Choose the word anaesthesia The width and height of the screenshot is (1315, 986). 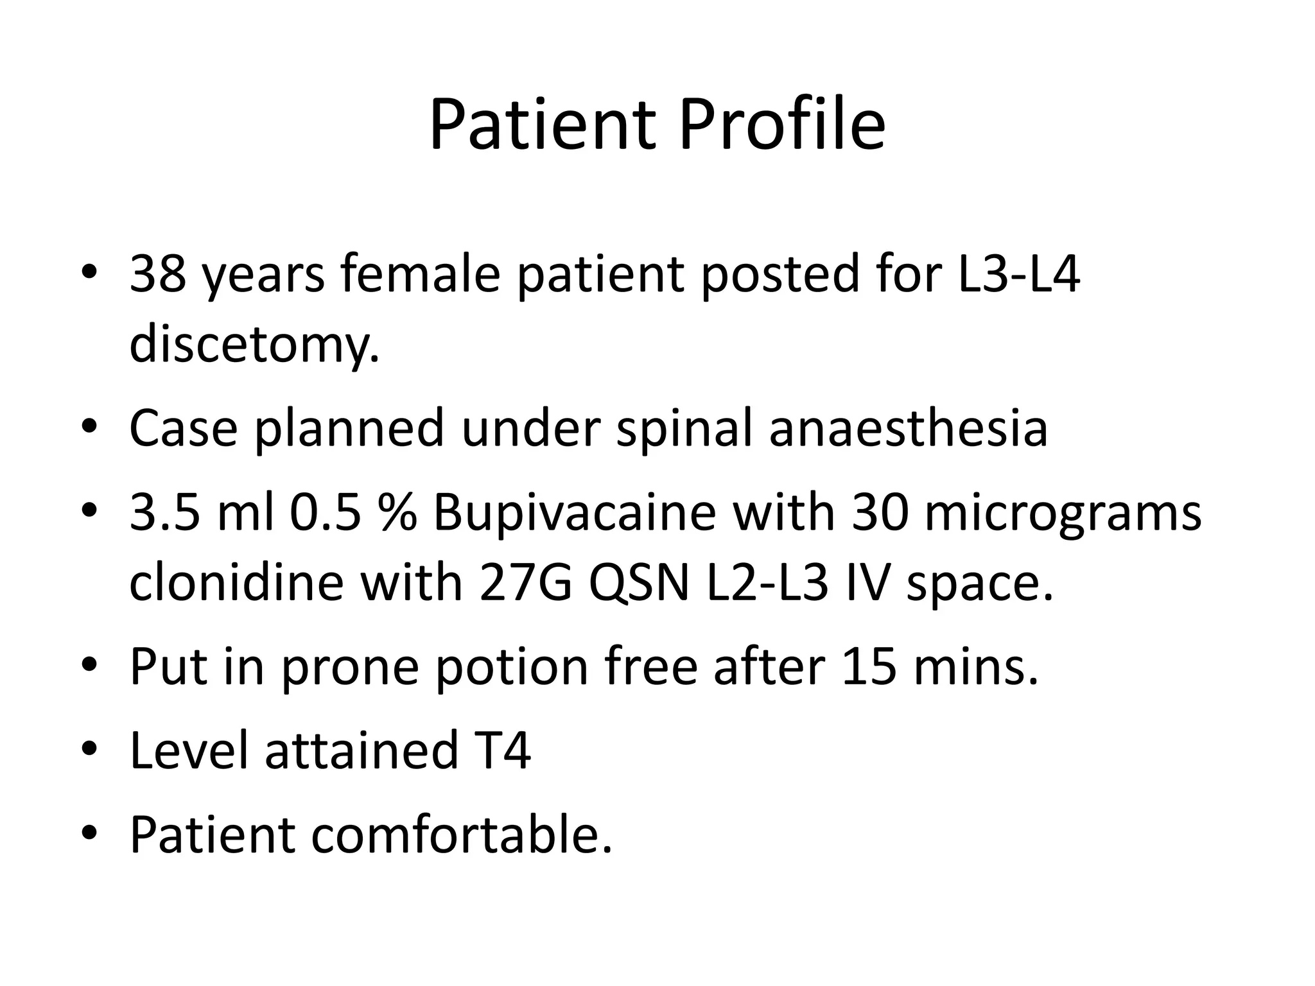909,428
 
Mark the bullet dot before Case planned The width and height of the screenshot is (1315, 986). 89,428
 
